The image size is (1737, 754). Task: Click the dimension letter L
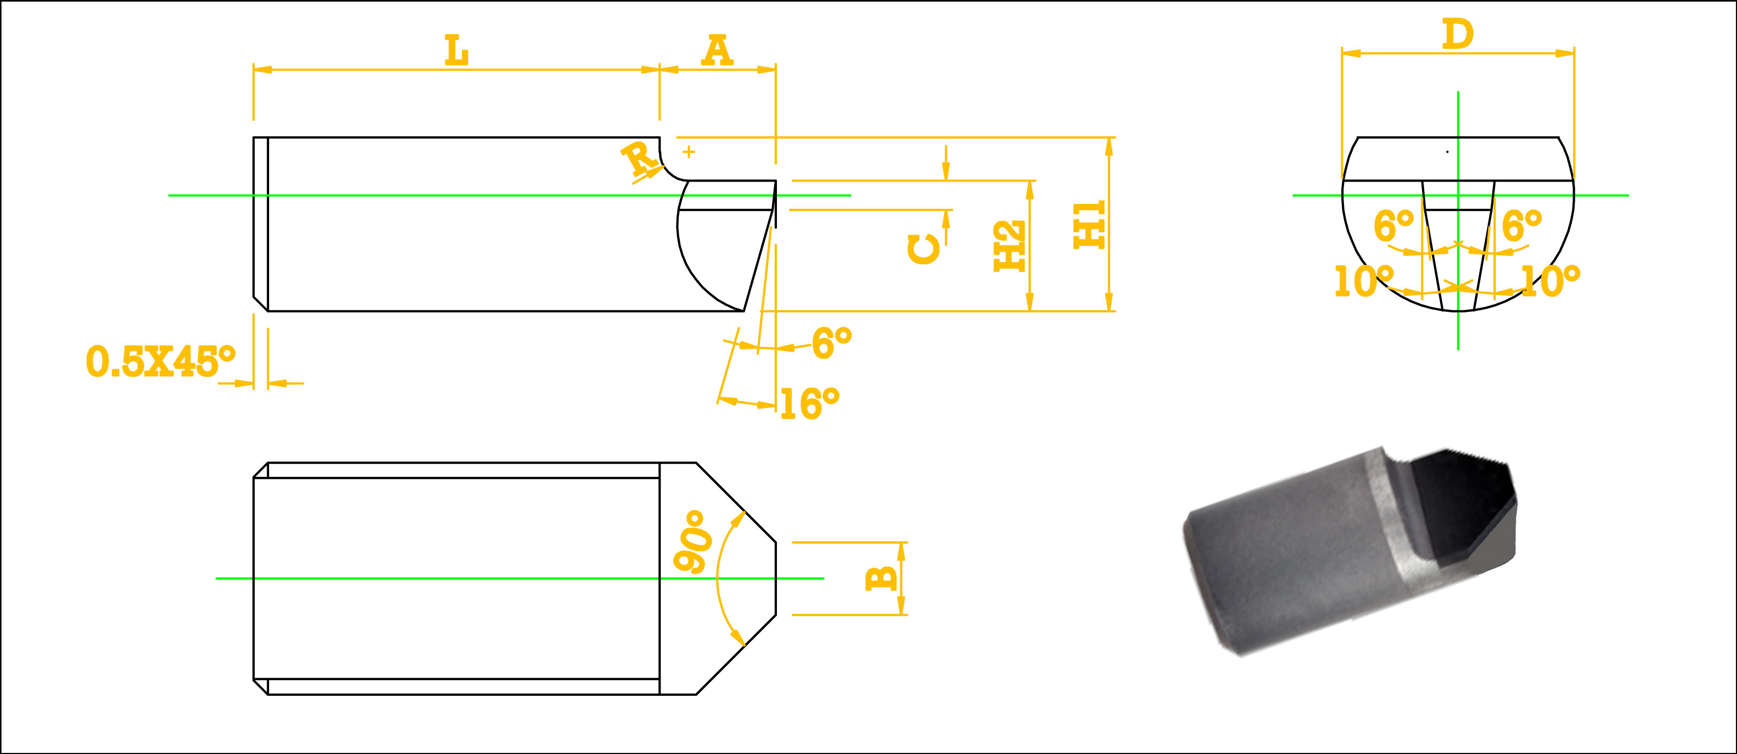(457, 51)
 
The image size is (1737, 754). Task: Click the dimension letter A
(717, 51)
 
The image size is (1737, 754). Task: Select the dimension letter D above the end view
(1457, 34)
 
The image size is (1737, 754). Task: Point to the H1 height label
(1089, 225)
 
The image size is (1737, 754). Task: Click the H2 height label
(1009, 246)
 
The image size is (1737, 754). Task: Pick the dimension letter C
(923, 249)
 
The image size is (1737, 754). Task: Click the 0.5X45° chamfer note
(161, 362)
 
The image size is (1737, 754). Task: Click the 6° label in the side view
(831, 343)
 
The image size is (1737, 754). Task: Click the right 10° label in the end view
(1550, 280)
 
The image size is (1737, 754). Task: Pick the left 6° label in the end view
(1394, 225)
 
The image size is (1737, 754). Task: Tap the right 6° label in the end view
(1522, 225)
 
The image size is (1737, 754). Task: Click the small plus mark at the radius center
(688, 152)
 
